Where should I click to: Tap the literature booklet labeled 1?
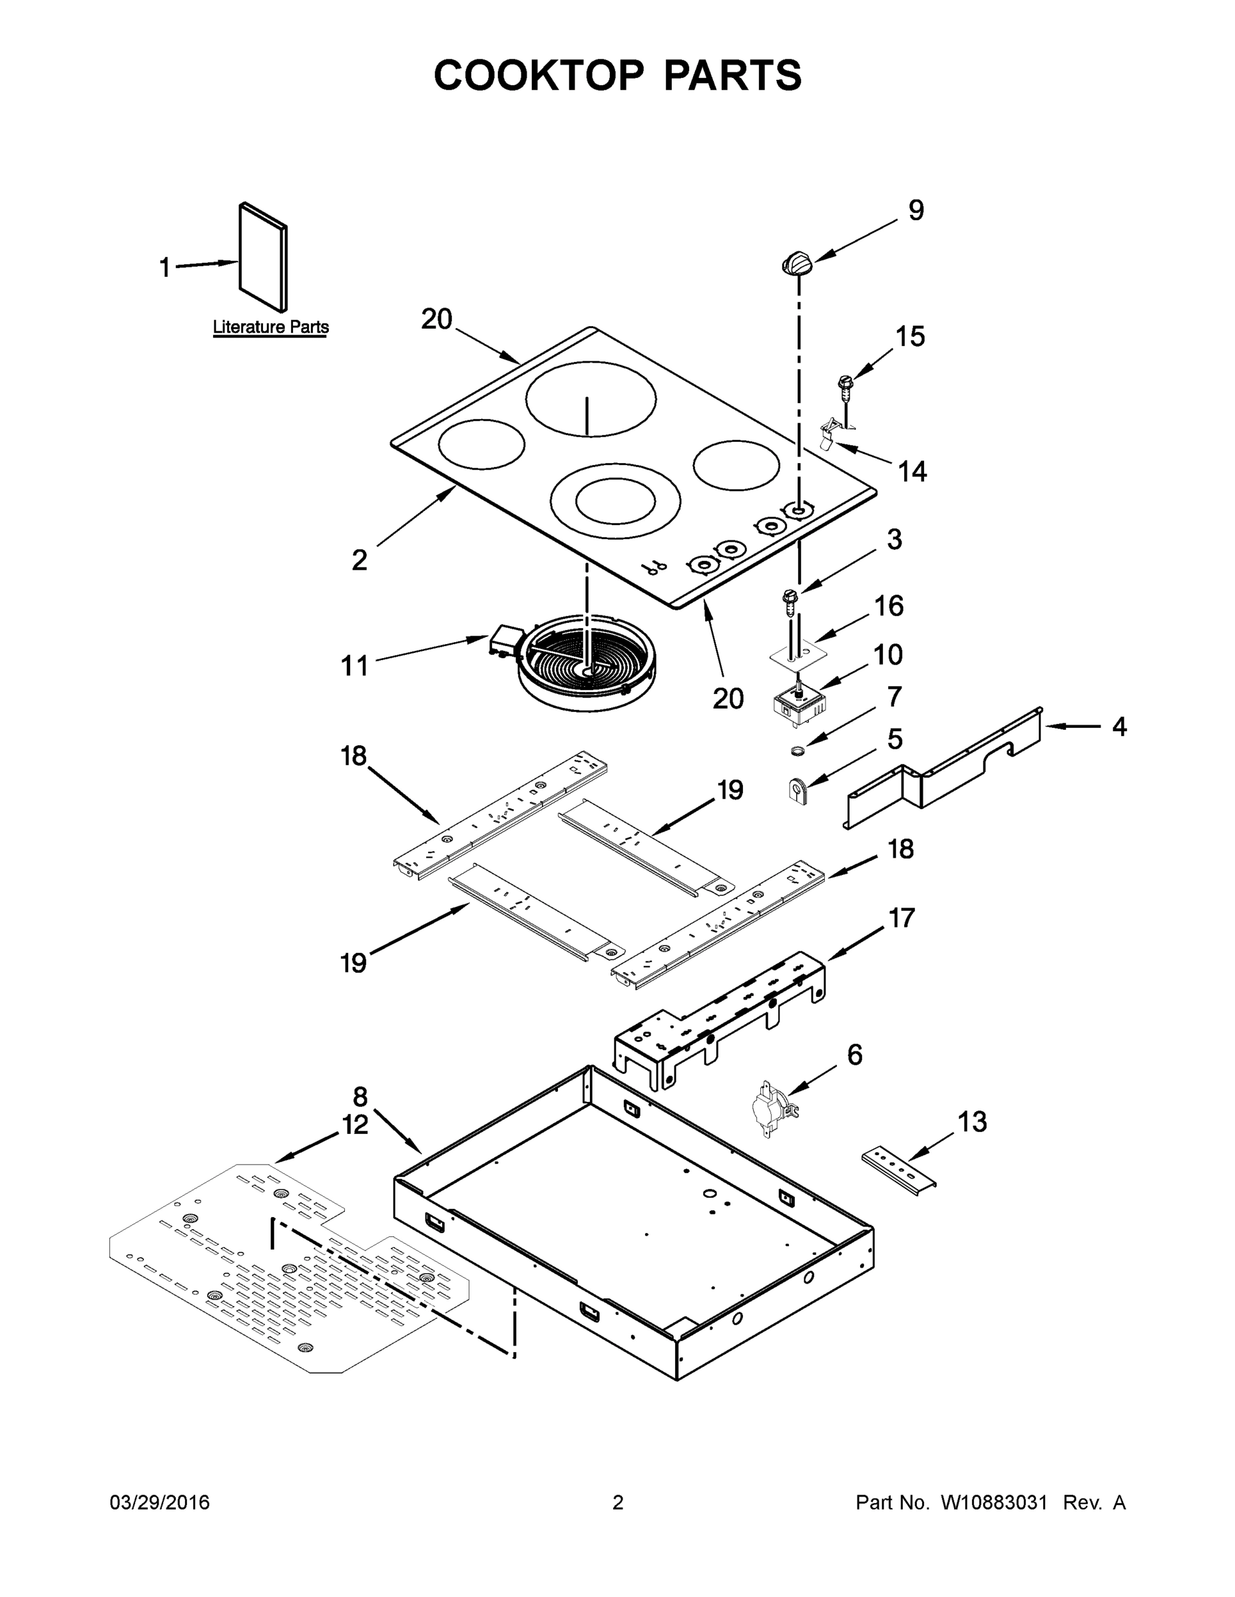(263, 257)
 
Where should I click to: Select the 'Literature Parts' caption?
(271, 327)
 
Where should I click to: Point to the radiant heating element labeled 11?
(585, 663)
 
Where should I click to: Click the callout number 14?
(911, 472)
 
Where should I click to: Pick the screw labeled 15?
(846, 386)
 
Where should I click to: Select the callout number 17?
(901, 917)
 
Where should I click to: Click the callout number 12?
(356, 1124)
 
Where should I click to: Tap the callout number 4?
(1118, 727)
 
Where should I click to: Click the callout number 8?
(360, 1097)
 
